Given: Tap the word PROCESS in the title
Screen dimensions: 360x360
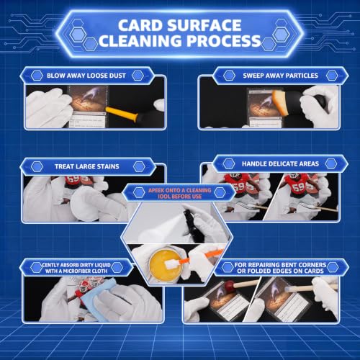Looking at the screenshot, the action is [x=224, y=41].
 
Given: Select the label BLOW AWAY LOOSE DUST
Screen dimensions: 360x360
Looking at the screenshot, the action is [x=86, y=76].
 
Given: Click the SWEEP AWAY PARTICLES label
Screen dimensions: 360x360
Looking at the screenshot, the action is [x=280, y=76].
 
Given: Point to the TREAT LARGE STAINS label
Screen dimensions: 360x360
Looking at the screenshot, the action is [x=87, y=166].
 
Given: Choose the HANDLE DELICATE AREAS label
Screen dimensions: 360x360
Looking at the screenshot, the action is [x=280, y=164].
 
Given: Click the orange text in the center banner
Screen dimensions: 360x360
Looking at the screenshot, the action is [x=180, y=194].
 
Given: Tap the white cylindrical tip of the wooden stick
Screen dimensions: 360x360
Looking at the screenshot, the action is [x=297, y=289].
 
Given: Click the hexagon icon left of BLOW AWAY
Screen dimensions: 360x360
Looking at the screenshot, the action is [x=37, y=76].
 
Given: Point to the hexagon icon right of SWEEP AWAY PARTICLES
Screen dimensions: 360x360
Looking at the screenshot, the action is [x=332, y=76].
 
